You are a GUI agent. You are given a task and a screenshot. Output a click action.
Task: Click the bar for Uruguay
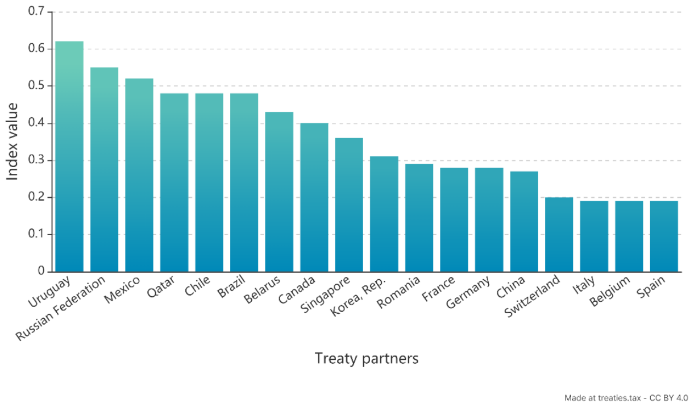point(69,156)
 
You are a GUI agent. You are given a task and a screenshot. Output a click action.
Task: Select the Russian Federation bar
point(105,169)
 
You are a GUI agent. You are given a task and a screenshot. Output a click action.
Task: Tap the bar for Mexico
point(139,175)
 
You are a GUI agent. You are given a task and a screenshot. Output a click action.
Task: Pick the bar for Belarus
point(279,192)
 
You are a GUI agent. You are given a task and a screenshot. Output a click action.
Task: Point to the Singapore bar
point(349,205)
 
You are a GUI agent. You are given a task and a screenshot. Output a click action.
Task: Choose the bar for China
point(524,221)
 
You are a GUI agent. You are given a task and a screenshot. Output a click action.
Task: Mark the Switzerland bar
point(559,234)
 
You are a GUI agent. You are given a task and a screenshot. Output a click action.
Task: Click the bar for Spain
point(664,236)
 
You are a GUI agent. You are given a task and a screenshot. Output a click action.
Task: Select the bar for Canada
point(314,197)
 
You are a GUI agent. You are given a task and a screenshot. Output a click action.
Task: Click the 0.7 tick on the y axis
point(36,12)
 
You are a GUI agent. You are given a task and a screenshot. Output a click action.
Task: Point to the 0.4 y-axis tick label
point(36,123)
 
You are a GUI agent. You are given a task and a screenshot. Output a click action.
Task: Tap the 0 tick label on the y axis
point(41,271)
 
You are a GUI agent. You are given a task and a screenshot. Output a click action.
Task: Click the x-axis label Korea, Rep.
point(360,296)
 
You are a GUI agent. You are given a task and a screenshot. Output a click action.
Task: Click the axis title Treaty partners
point(367,359)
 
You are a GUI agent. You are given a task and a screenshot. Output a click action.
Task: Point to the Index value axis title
point(13,142)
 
